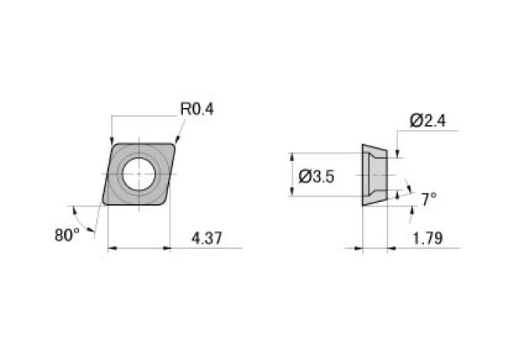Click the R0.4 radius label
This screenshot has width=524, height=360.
[x=197, y=109]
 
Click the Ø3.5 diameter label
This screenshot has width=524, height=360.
[x=317, y=177]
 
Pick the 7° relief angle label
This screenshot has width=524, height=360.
[x=428, y=200]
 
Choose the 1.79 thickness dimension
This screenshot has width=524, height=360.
[x=428, y=238]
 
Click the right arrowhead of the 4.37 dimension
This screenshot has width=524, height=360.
[x=166, y=249]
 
